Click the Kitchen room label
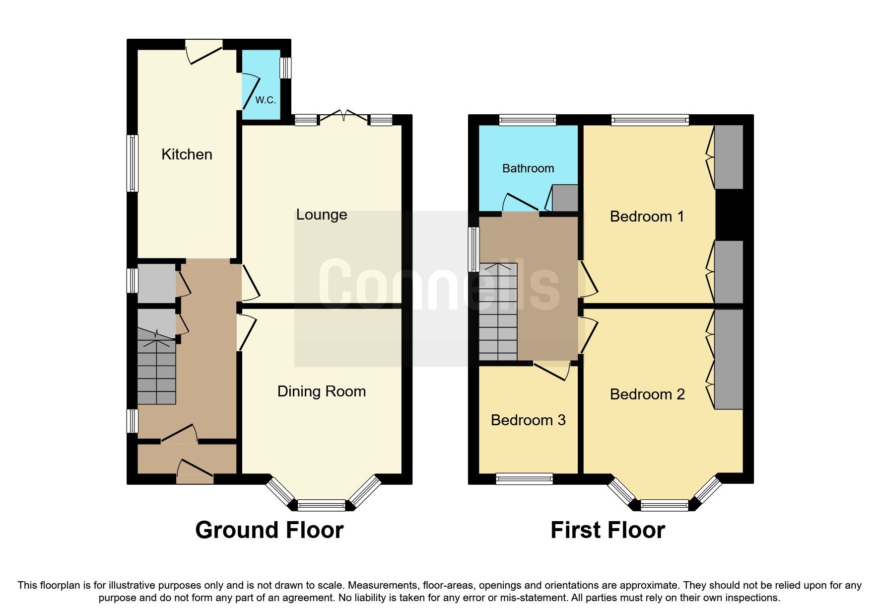(x=187, y=154)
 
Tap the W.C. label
(x=266, y=100)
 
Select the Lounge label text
(x=322, y=215)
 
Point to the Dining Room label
(x=322, y=391)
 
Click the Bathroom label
(x=528, y=168)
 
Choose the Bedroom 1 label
(x=647, y=217)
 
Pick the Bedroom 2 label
(x=647, y=394)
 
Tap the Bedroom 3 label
(x=528, y=420)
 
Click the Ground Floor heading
(x=269, y=530)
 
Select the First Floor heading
(x=608, y=530)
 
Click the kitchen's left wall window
(x=132, y=163)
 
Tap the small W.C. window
(x=285, y=68)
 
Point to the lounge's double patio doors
(x=344, y=118)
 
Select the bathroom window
(x=527, y=120)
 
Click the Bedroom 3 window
(x=524, y=478)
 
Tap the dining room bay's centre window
(x=322, y=506)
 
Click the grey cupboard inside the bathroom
(x=565, y=198)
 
